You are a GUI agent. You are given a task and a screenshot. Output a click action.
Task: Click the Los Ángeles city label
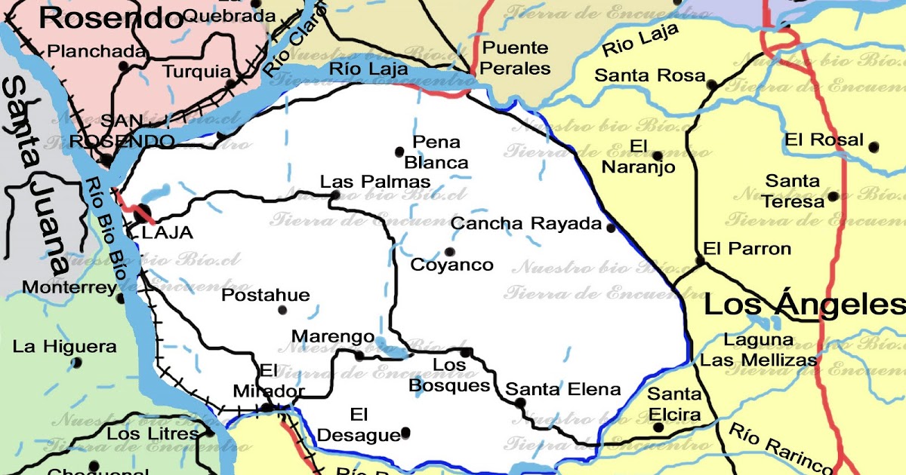point(804,305)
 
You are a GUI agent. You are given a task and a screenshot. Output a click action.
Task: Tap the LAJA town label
point(167,233)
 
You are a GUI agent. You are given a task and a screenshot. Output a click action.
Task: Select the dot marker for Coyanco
point(450,252)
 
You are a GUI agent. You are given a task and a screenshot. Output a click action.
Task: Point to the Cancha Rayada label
point(525,224)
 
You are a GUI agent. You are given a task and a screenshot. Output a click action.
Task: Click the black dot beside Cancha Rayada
point(611,227)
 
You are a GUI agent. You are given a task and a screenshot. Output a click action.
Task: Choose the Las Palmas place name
point(375,182)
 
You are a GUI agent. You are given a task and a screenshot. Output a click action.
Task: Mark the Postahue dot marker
point(282,310)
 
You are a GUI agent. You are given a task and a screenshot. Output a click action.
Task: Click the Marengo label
point(332,336)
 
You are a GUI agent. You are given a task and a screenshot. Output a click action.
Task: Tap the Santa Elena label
point(563,390)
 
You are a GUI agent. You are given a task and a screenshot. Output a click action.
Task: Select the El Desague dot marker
point(405,432)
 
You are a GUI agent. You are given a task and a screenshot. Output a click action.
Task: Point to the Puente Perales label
point(516,58)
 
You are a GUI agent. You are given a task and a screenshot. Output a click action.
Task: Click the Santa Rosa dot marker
point(711,85)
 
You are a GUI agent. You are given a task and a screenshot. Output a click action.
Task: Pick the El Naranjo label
point(638,157)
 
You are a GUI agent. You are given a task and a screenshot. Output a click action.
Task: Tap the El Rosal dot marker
point(874,147)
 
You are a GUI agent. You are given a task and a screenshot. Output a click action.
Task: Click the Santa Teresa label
point(793,192)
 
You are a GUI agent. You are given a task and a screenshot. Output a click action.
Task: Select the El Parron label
point(747,249)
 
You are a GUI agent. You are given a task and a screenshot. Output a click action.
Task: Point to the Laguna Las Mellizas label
point(759,350)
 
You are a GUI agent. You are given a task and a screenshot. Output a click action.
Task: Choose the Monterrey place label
point(69,287)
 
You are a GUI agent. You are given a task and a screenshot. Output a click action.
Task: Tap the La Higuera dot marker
point(76,363)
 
